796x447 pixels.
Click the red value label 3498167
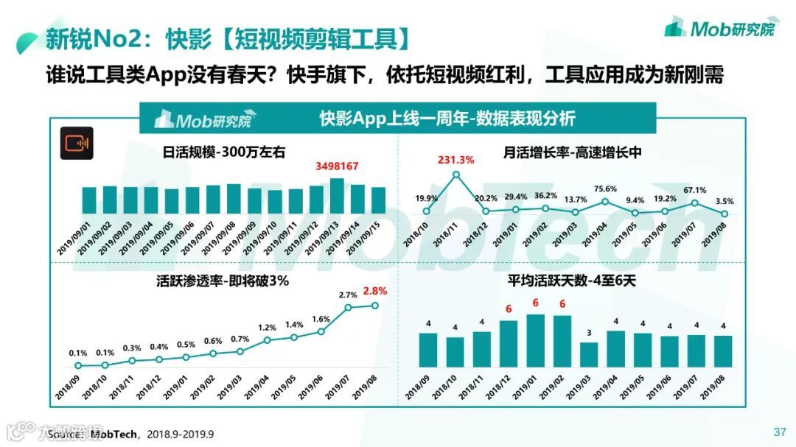(337, 166)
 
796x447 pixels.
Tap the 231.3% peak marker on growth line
(456, 175)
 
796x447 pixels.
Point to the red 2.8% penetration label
(375, 291)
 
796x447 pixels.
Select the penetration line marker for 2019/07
(349, 307)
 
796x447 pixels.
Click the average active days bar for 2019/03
(589, 354)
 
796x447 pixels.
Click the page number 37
(779, 432)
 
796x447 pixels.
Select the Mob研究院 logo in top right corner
(719, 29)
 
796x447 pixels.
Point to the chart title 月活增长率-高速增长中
(573, 152)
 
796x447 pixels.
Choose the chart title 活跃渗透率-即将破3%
(222, 281)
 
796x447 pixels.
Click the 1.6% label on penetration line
(321, 319)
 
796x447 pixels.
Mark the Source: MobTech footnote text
(130, 434)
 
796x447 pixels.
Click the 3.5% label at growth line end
(725, 201)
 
